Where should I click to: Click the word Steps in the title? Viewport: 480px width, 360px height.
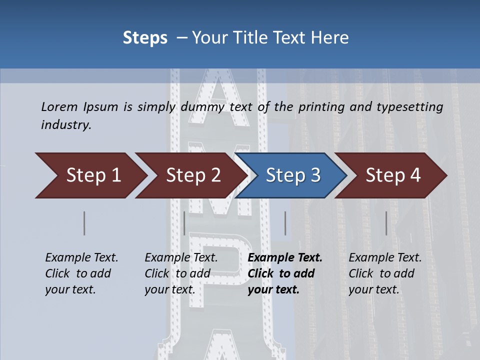145,37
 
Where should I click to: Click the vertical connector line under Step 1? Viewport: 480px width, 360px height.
84,223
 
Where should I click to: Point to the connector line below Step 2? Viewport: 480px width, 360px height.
184,223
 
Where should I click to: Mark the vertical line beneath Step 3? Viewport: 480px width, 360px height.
285,223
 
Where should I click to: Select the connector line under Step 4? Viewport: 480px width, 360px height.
386,223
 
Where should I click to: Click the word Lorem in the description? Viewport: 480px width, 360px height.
59,106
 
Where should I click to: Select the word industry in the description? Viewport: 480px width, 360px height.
66,124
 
